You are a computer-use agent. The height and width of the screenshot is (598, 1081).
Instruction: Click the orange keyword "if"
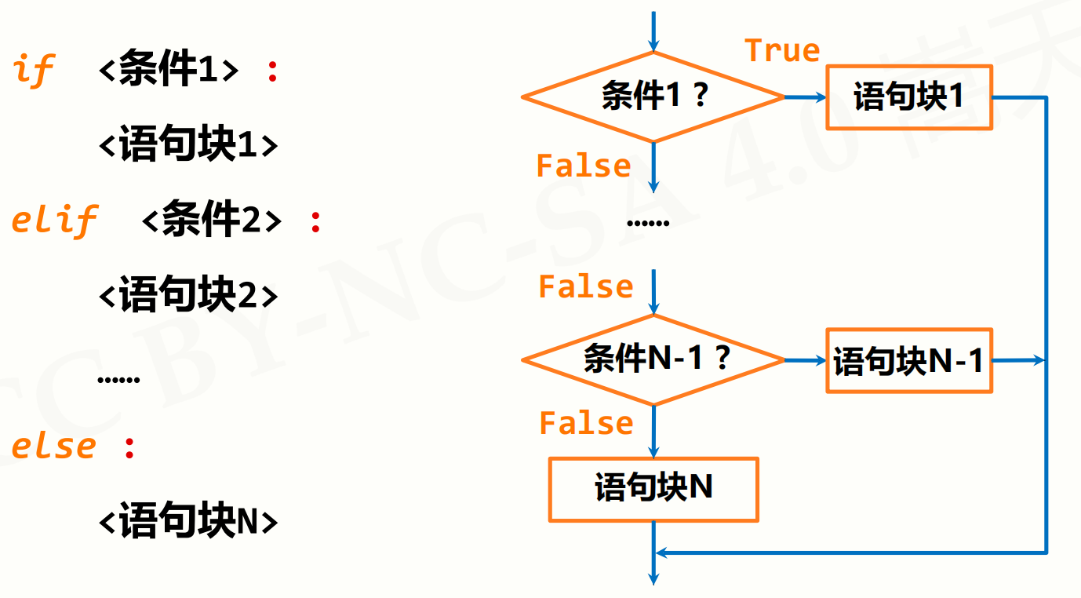pyautogui.click(x=33, y=71)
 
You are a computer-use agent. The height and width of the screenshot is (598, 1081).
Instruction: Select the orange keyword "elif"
pyautogui.click(x=54, y=221)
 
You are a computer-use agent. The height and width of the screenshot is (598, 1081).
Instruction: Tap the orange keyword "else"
pyautogui.click(x=53, y=447)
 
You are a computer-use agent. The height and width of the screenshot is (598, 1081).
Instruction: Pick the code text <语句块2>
pyautogui.click(x=188, y=296)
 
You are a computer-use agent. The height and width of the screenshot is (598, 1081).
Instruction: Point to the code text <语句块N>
pyautogui.click(x=188, y=522)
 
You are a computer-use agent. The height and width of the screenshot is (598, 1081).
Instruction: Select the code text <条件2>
pyautogui.click(x=211, y=221)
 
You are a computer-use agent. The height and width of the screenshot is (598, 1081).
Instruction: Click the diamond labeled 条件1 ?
pyautogui.click(x=653, y=97)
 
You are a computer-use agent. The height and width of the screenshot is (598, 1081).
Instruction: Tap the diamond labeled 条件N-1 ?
pyautogui.click(x=653, y=360)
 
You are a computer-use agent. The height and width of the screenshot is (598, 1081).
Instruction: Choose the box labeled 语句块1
pyautogui.click(x=909, y=97)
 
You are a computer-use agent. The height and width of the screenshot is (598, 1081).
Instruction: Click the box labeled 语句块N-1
pyautogui.click(x=909, y=361)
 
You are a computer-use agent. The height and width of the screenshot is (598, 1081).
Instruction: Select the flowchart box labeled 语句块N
pyautogui.click(x=653, y=489)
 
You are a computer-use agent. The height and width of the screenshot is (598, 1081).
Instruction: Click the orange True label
pyautogui.click(x=782, y=51)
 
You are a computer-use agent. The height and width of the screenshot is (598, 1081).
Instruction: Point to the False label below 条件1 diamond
pyautogui.click(x=583, y=166)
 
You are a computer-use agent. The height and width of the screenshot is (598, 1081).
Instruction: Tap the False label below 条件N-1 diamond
pyautogui.click(x=586, y=424)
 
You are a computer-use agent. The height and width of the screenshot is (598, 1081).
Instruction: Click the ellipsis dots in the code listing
pyautogui.click(x=118, y=381)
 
